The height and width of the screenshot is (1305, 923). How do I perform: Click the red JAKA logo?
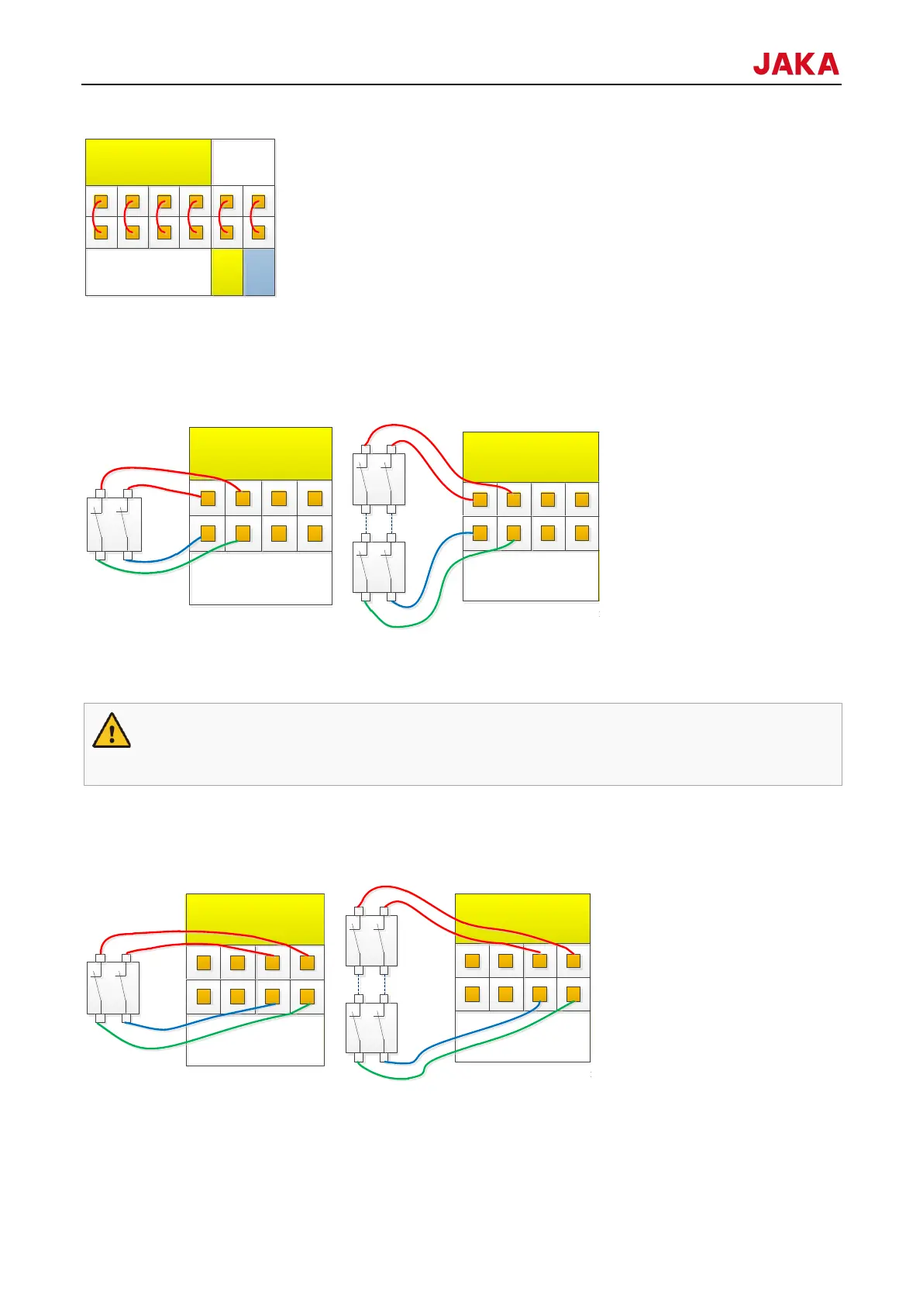pos(795,64)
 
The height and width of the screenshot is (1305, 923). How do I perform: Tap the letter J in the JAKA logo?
pos(763,64)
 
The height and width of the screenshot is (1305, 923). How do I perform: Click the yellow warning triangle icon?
pos(112,731)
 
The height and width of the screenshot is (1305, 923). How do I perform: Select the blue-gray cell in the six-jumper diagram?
pos(260,272)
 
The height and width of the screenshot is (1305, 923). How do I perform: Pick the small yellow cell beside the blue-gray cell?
pos(227,272)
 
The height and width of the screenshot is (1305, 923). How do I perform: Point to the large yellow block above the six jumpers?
pos(148,162)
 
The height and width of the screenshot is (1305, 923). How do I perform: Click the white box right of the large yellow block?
pos(243,162)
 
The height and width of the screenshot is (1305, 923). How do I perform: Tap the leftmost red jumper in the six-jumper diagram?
pos(97,216)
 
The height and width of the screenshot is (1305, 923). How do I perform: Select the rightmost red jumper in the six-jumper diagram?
pos(254,216)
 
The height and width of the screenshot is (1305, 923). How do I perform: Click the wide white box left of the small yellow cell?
pos(148,272)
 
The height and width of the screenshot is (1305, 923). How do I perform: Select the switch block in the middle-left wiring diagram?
pos(114,524)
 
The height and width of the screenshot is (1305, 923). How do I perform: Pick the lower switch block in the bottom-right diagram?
pos(371,1028)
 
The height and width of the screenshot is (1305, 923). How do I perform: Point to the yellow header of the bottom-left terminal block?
pos(255,918)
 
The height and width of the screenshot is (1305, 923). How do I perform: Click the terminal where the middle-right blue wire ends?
pos(480,533)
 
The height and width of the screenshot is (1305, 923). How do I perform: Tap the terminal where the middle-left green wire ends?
pos(243,533)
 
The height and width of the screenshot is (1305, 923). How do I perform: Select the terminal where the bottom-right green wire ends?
pos(573,994)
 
